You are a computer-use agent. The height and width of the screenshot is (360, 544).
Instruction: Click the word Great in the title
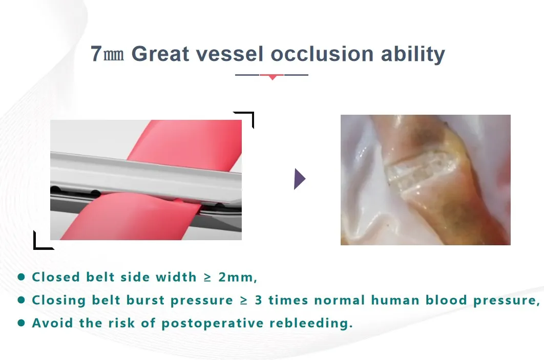[x=160, y=54]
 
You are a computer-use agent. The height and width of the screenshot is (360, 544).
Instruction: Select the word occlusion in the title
[x=322, y=54]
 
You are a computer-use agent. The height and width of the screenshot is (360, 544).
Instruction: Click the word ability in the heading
[x=413, y=55]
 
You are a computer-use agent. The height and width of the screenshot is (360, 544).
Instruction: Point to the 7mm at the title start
[x=107, y=54]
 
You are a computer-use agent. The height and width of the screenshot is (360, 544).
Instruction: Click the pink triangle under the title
[x=273, y=77]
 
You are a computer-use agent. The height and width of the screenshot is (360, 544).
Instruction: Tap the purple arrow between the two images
[x=300, y=179]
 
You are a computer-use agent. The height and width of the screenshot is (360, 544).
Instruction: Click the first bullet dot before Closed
[x=21, y=277]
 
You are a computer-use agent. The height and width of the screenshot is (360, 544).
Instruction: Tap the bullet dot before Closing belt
[x=21, y=300]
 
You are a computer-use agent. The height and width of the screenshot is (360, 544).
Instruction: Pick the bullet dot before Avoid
[x=21, y=323]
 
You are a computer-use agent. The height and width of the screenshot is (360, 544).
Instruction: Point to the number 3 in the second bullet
[x=259, y=300]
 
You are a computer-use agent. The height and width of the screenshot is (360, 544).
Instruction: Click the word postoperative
[x=213, y=323]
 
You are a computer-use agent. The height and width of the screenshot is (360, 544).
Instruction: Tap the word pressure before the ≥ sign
[x=202, y=301]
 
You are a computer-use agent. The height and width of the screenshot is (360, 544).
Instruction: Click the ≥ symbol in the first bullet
[x=207, y=277]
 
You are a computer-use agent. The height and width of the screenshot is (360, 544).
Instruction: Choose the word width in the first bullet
[x=176, y=277]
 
